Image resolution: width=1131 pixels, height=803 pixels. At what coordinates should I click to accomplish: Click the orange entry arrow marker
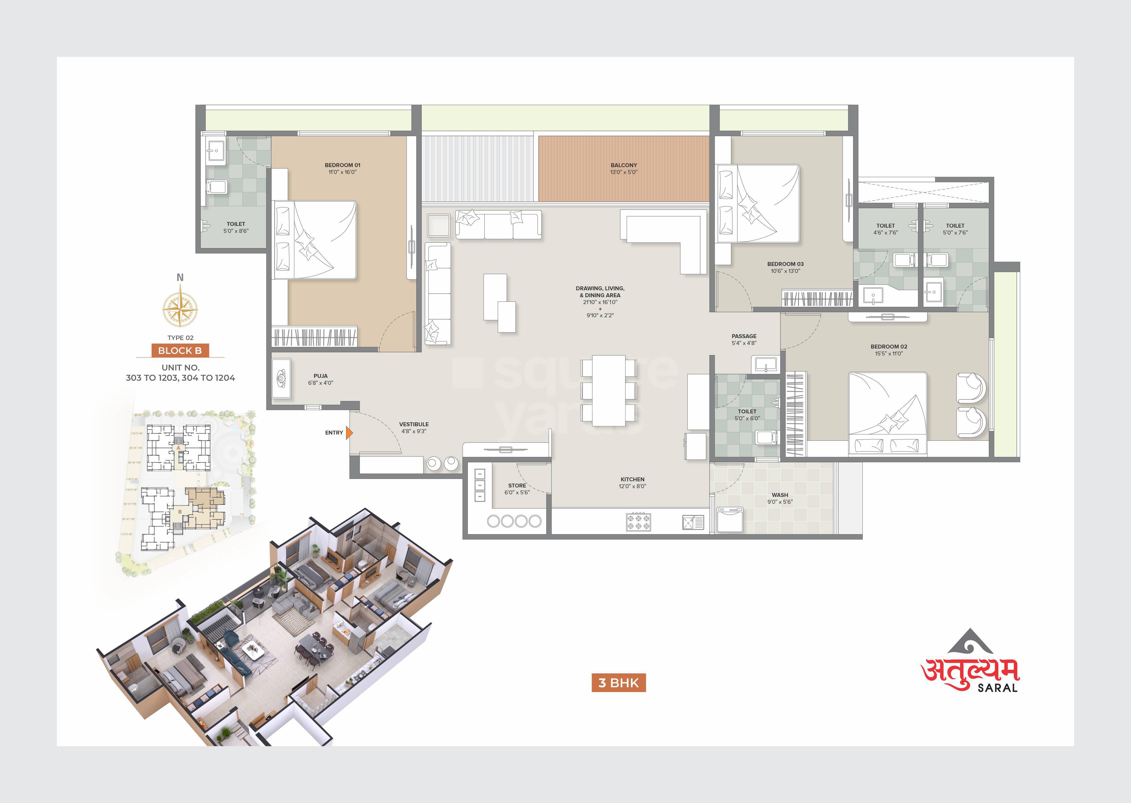(x=349, y=433)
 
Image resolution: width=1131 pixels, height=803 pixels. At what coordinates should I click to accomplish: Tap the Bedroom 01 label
(x=342, y=165)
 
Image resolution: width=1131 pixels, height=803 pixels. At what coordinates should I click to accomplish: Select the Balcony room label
(x=624, y=165)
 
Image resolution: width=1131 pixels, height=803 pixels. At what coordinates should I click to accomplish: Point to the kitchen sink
(x=693, y=522)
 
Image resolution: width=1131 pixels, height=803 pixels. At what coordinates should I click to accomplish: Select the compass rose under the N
(x=180, y=309)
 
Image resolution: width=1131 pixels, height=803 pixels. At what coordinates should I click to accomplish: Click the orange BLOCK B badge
(x=180, y=351)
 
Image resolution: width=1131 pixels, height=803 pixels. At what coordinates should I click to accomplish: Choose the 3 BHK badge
(x=619, y=683)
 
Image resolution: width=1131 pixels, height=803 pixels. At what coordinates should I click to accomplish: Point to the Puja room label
(x=320, y=376)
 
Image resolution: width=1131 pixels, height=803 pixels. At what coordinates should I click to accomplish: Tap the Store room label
(x=517, y=486)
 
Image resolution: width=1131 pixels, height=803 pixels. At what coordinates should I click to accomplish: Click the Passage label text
(x=744, y=336)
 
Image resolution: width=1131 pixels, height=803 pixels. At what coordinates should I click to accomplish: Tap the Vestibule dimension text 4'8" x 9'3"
(x=414, y=431)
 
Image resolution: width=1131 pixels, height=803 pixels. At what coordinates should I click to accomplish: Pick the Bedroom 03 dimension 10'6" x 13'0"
(x=785, y=271)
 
